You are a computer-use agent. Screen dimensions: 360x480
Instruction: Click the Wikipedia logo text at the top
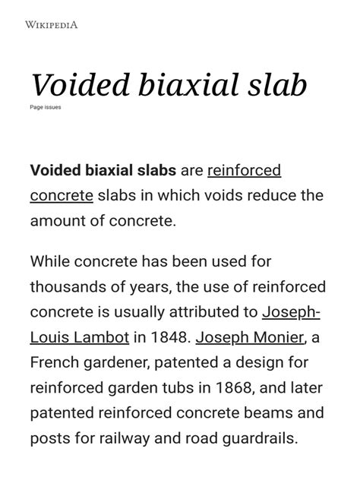52,25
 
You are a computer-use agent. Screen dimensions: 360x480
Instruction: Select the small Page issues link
46,107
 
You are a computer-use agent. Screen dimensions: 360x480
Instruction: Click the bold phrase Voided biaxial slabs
103,170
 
